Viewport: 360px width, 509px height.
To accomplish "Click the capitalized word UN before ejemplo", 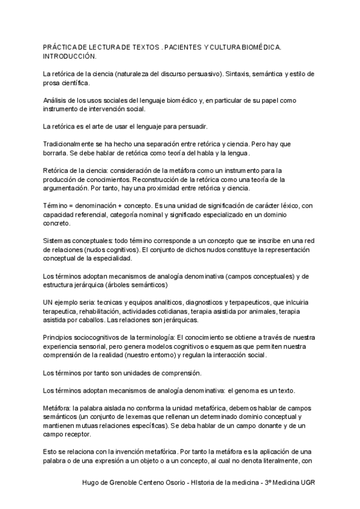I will [50, 303].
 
